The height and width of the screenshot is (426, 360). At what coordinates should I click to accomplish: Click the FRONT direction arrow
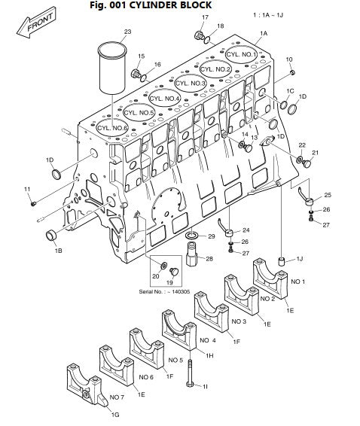coord(36,23)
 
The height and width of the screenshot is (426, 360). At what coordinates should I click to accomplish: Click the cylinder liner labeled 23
coord(112,68)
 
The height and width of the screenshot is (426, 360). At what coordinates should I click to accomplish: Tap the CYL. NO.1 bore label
coord(242,54)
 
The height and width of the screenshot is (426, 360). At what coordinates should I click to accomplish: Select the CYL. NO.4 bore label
coord(164,99)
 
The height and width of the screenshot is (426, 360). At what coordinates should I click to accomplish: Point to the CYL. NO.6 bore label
coord(112,128)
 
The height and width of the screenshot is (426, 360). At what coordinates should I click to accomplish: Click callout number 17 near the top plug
coord(206,17)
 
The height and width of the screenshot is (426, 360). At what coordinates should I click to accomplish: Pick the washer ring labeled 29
coord(193,235)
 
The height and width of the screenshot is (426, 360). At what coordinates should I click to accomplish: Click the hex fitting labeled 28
coord(192,254)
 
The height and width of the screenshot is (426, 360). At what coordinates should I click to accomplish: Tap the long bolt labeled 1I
coord(190,373)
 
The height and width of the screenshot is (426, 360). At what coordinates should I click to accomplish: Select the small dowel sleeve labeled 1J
coord(281,261)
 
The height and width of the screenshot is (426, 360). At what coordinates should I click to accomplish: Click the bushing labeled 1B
coord(51,235)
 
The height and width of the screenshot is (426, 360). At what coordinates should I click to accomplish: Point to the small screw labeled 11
coord(33,203)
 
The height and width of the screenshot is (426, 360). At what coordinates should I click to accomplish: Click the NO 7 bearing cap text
coord(117,397)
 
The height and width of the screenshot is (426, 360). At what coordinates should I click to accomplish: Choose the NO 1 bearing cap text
coord(298,281)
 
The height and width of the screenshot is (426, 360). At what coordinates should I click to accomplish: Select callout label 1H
coord(209,355)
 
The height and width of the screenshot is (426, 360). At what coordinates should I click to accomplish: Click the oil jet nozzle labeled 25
coord(307,199)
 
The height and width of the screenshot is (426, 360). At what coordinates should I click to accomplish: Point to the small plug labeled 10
coord(292,72)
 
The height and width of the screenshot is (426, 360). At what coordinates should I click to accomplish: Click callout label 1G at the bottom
coord(115,415)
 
